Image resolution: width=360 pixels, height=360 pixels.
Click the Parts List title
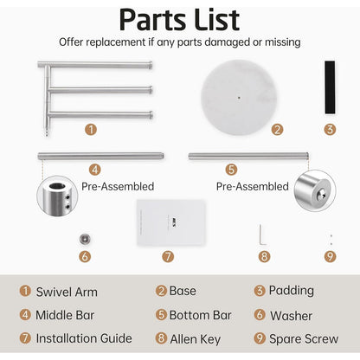(x=179, y=20)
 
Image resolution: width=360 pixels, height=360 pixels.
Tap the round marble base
(x=239, y=98)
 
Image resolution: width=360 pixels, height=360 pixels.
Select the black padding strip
(x=330, y=87)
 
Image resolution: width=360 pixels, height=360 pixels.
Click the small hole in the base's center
(x=239, y=98)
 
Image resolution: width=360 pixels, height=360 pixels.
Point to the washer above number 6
(x=85, y=239)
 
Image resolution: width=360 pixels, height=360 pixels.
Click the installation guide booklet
(x=171, y=222)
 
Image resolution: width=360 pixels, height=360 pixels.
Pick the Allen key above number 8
(x=262, y=235)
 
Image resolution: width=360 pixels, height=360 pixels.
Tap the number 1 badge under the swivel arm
(x=91, y=130)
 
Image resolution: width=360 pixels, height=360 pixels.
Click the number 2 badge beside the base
(x=277, y=130)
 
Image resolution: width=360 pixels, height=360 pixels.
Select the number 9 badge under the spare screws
(x=330, y=256)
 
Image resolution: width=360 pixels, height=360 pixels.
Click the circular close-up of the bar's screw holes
(x=57, y=196)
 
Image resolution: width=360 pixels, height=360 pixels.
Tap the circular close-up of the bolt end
(x=315, y=190)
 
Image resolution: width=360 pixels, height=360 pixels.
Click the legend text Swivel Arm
(x=67, y=292)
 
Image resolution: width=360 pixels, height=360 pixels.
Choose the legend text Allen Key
(x=196, y=339)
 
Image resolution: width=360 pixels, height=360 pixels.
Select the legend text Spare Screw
(x=304, y=339)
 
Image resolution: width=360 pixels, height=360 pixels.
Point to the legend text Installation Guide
(x=84, y=338)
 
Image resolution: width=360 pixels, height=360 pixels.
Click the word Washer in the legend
(x=291, y=316)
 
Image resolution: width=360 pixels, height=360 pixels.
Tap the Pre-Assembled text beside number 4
(x=118, y=186)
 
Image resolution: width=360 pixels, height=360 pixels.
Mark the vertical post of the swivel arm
(x=47, y=99)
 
